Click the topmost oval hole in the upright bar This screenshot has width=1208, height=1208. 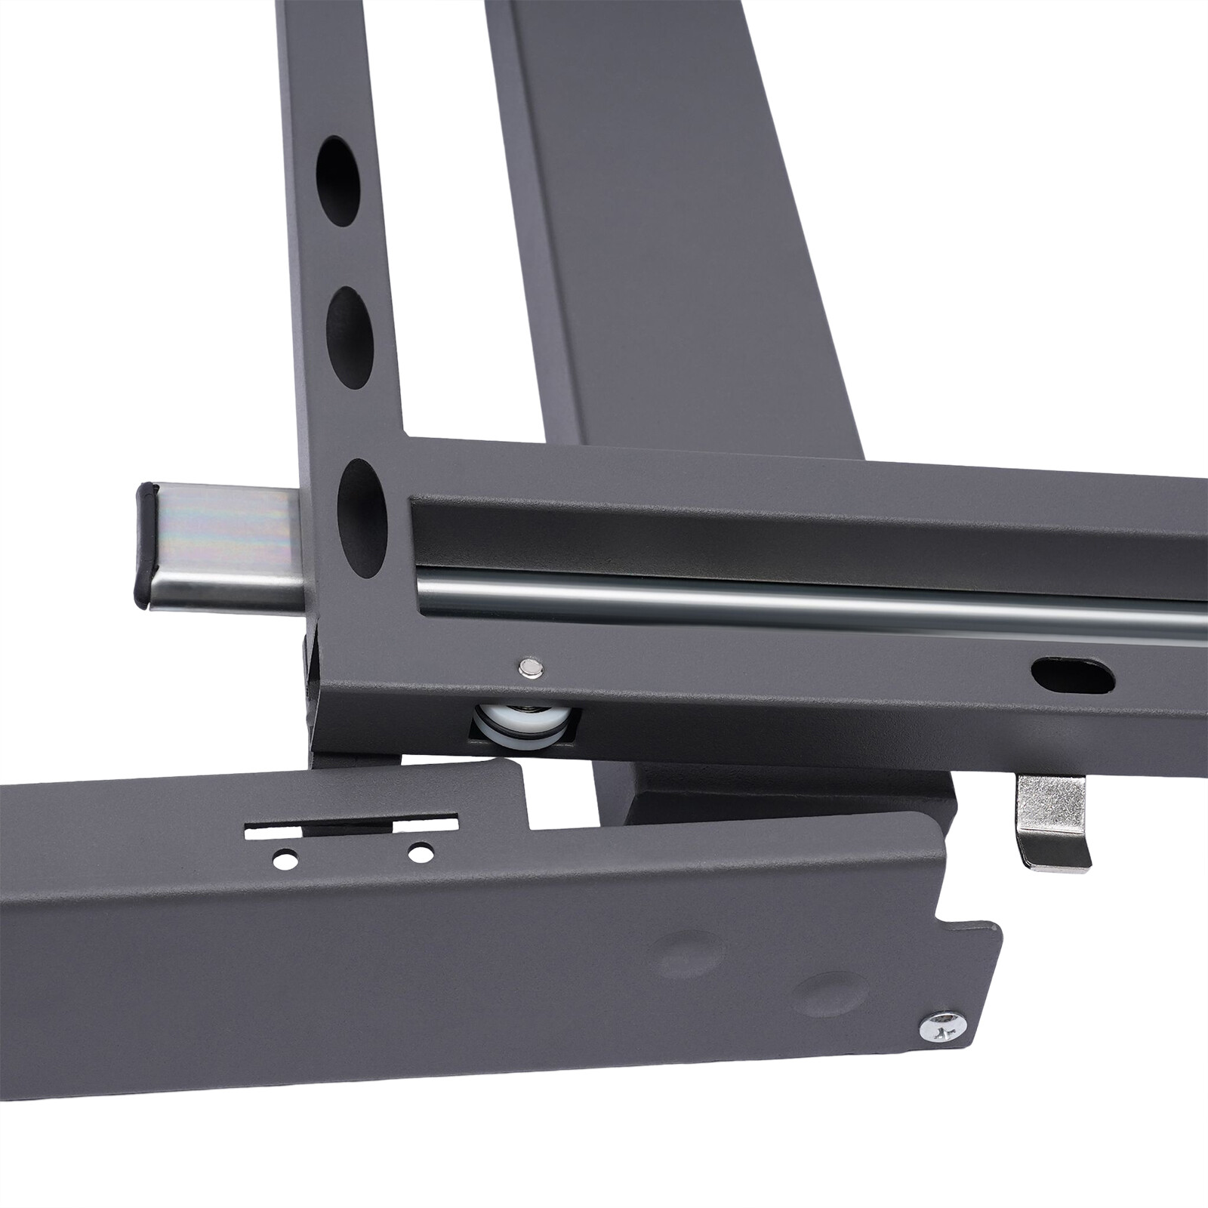pyautogui.click(x=337, y=181)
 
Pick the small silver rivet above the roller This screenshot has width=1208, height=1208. pyautogui.click(x=531, y=665)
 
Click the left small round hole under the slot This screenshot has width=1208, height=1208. pyautogui.click(x=285, y=858)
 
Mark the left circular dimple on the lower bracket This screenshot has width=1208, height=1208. pyautogui.click(x=688, y=955)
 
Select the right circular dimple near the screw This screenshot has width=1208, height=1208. pyautogui.click(x=830, y=994)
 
